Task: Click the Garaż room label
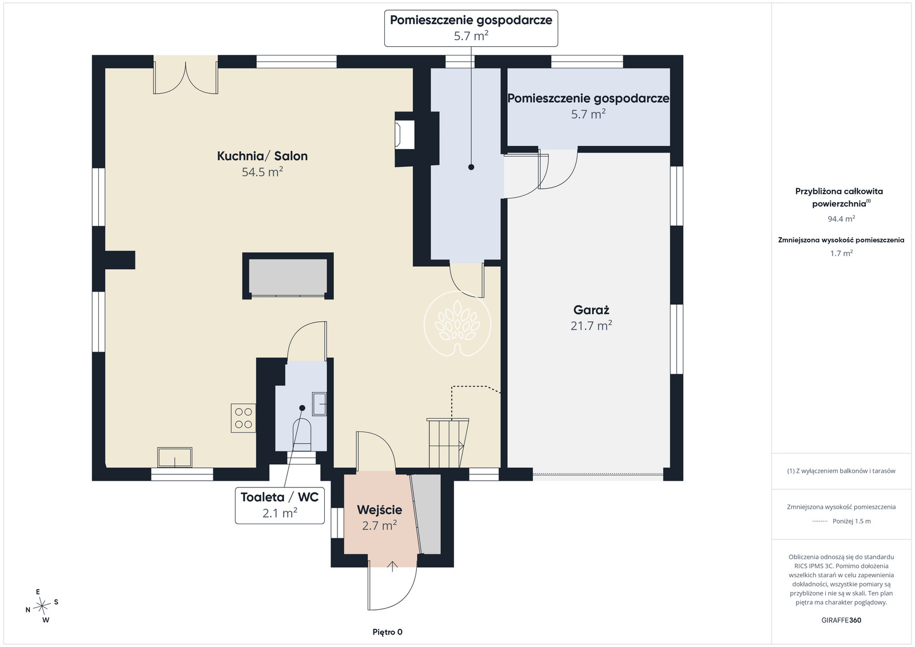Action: [x=591, y=310]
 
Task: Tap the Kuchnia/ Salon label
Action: [x=262, y=156]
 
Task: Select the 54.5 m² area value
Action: [x=262, y=172]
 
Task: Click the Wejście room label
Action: [x=380, y=510]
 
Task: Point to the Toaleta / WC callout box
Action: [x=280, y=505]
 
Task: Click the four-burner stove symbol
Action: [x=244, y=418]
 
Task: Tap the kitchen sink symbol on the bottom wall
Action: [x=175, y=457]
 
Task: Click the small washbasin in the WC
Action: [x=319, y=404]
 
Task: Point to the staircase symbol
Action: [x=448, y=442]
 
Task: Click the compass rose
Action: [x=42, y=606]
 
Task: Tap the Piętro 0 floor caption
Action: [x=387, y=632]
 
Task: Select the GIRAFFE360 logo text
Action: [x=841, y=620]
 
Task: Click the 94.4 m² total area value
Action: [x=841, y=219]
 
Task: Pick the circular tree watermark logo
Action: [x=457, y=323]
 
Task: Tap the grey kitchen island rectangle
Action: [x=288, y=277]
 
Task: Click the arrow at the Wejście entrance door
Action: [x=392, y=566]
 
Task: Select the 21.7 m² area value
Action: [x=591, y=326]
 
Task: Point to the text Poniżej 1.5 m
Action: [x=852, y=521]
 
